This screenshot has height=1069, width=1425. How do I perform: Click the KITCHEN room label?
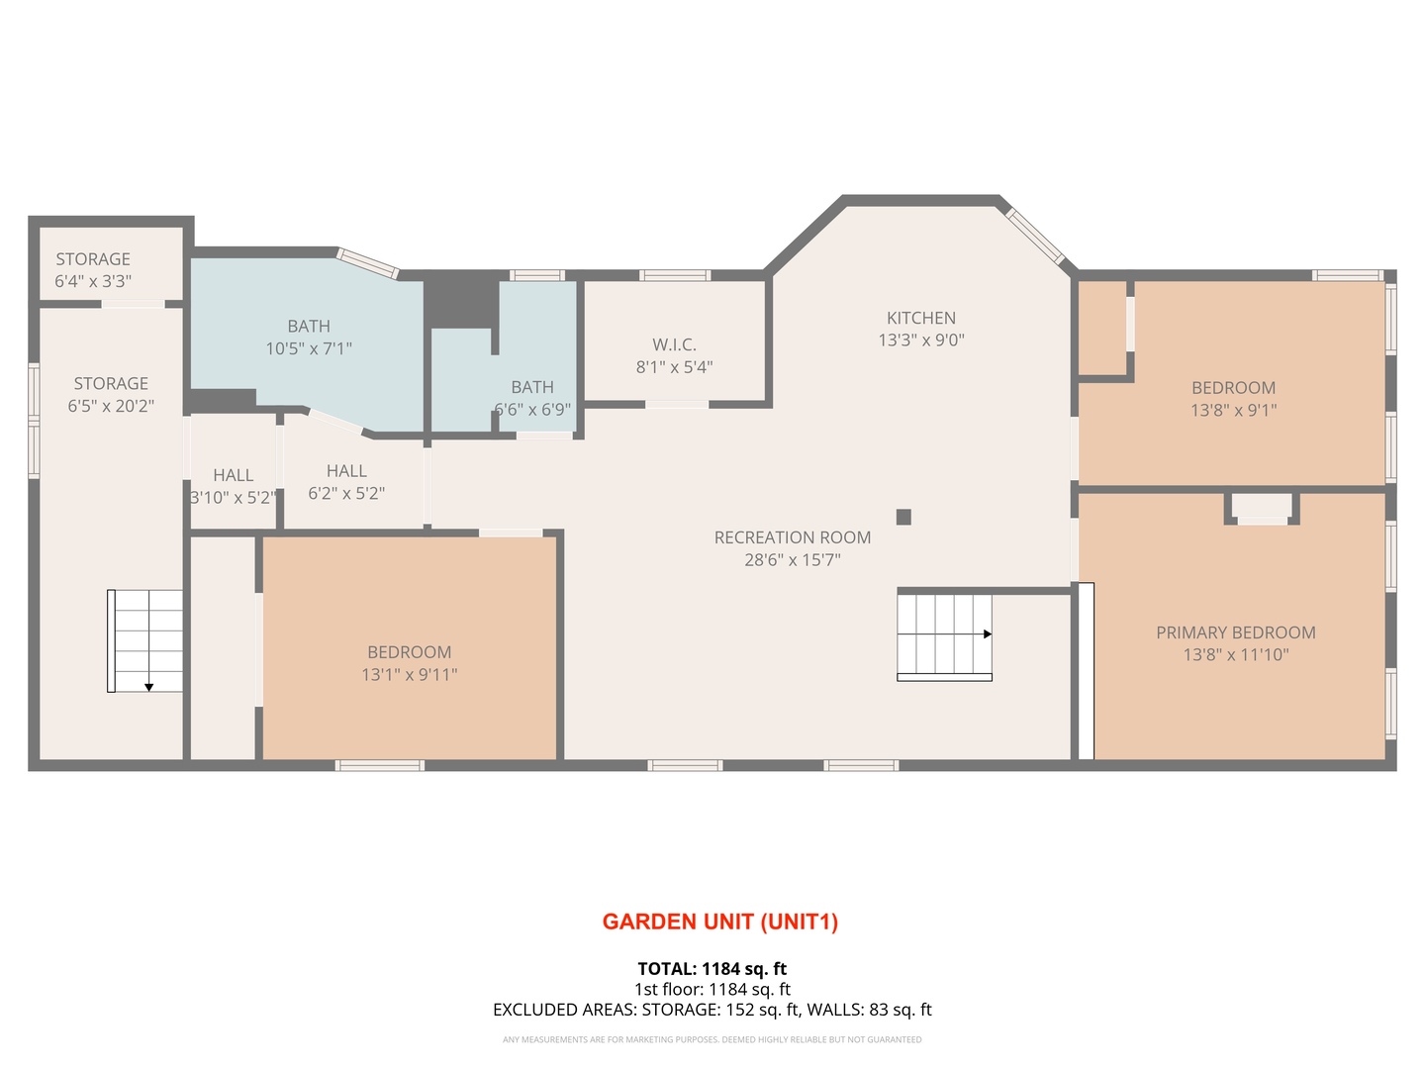coord(920,318)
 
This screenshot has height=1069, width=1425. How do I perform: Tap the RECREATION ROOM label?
coord(792,537)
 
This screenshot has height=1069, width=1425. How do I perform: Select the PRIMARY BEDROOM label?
coord(1235,632)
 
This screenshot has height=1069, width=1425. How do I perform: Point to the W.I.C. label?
coord(674,344)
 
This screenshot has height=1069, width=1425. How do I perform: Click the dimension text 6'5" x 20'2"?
coord(111,406)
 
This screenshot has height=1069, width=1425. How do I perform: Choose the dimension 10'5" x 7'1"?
coord(309,348)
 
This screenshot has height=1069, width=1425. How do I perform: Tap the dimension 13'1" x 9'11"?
coord(409,674)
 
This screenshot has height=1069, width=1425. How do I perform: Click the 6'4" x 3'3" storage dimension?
coord(93,281)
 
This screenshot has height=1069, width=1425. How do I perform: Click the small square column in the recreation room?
coord(903,517)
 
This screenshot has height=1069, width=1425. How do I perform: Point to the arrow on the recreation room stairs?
coord(987,634)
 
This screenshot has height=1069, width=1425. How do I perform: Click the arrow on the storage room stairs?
coord(148,687)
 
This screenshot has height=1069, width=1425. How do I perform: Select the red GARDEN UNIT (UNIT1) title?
coord(720,922)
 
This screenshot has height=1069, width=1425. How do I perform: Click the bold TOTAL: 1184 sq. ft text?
coord(712,969)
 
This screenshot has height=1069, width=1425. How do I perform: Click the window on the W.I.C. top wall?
coord(675,275)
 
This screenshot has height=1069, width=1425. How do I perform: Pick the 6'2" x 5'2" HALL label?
coord(346,482)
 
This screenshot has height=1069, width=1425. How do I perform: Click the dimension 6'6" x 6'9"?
coord(532,410)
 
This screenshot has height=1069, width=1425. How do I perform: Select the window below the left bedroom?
coord(380,765)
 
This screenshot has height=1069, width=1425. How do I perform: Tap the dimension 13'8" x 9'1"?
coord(1233,410)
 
